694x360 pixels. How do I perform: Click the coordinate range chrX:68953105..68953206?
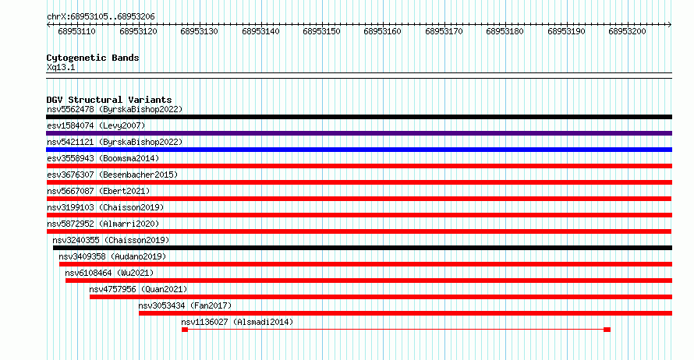pyautogui.click(x=101, y=17)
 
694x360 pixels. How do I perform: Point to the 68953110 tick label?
pyautogui.click(x=76, y=31)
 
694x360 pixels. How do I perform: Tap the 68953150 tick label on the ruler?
pyautogui.click(x=321, y=31)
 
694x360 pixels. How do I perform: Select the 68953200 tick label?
pyautogui.click(x=627, y=31)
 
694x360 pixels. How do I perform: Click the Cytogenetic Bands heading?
pyautogui.click(x=93, y=58)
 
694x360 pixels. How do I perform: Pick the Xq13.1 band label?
pyautogui.click(x=61, y=67)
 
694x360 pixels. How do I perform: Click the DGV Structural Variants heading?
pyautogui.click(x=109, y=100)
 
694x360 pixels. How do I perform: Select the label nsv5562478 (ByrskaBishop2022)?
pyautogui.click(x=115, y=109)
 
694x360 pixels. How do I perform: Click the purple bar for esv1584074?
pyautogui.click(x=359, y=133)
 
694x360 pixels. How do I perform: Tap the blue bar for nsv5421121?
pyautogui.click(x=359, y=150)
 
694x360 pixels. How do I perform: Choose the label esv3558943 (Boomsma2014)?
pyautogui.click(x=103, y=158)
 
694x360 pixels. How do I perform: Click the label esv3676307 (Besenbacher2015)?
pyautogui.click(x=112, y=175)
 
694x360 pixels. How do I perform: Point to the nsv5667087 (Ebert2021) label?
pyautogui.click(x=98, y=191)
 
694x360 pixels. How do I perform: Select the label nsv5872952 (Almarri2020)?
pyautogui.click(x=103, y=224)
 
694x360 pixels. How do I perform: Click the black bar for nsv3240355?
pyautogui.click(x=363, y=248)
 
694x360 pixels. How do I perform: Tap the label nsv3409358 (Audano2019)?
pyautogui.click(x=112, y=256)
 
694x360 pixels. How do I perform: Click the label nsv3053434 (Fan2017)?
pyautogui.click(x=185, y=305)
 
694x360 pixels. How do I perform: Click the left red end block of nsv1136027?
pyautogui.click(x=185, y=330)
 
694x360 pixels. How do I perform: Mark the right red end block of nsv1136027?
pyautogui.click(x=607, y=330)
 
